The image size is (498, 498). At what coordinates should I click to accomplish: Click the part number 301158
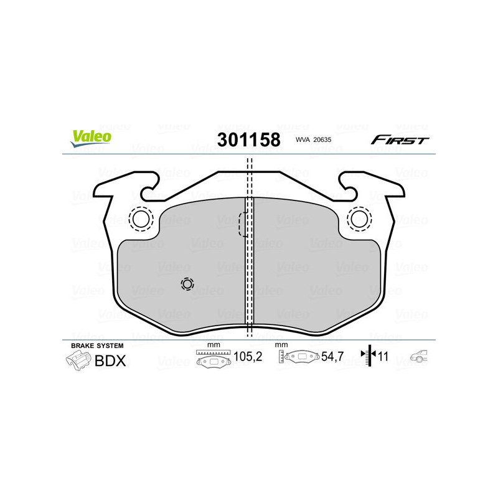[248, 139]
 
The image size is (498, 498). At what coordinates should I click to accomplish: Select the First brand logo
[400, 140]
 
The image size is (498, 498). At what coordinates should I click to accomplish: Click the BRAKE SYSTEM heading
[96, 345]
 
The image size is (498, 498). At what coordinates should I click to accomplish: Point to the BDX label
[110, 360]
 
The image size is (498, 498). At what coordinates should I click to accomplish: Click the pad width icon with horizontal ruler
[213, 359]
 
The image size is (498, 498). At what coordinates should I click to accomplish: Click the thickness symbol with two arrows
[369, 356]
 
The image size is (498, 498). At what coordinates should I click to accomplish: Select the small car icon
[419, 357]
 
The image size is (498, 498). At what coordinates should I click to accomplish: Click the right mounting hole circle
[359, 218]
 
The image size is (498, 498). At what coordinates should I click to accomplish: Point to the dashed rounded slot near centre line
[244, 225]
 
